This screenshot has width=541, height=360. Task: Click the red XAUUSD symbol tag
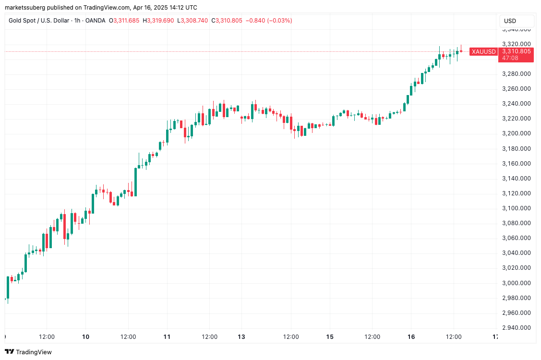(483, 52)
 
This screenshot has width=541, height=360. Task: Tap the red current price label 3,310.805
(516, 51)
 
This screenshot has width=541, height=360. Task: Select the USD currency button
(510, 21)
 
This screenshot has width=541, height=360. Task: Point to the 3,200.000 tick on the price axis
(516, 133)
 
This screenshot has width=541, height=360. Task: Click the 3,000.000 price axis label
(516, 283)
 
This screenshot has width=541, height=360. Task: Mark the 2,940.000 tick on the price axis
(516, 328)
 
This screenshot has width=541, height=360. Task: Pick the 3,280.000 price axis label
(516, 73)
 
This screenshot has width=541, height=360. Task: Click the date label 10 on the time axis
(85, 337)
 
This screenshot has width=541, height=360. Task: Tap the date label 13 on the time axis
(241, 337)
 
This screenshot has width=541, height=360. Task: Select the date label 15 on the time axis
(330, 337)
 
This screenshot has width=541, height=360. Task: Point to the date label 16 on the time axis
(411, 337)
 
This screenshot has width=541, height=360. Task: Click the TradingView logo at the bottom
(28, 352)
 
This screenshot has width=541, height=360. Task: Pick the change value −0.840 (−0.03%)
(269, 21)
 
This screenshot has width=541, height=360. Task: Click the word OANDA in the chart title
(95, 21)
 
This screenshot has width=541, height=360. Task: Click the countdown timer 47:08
(510, 58)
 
